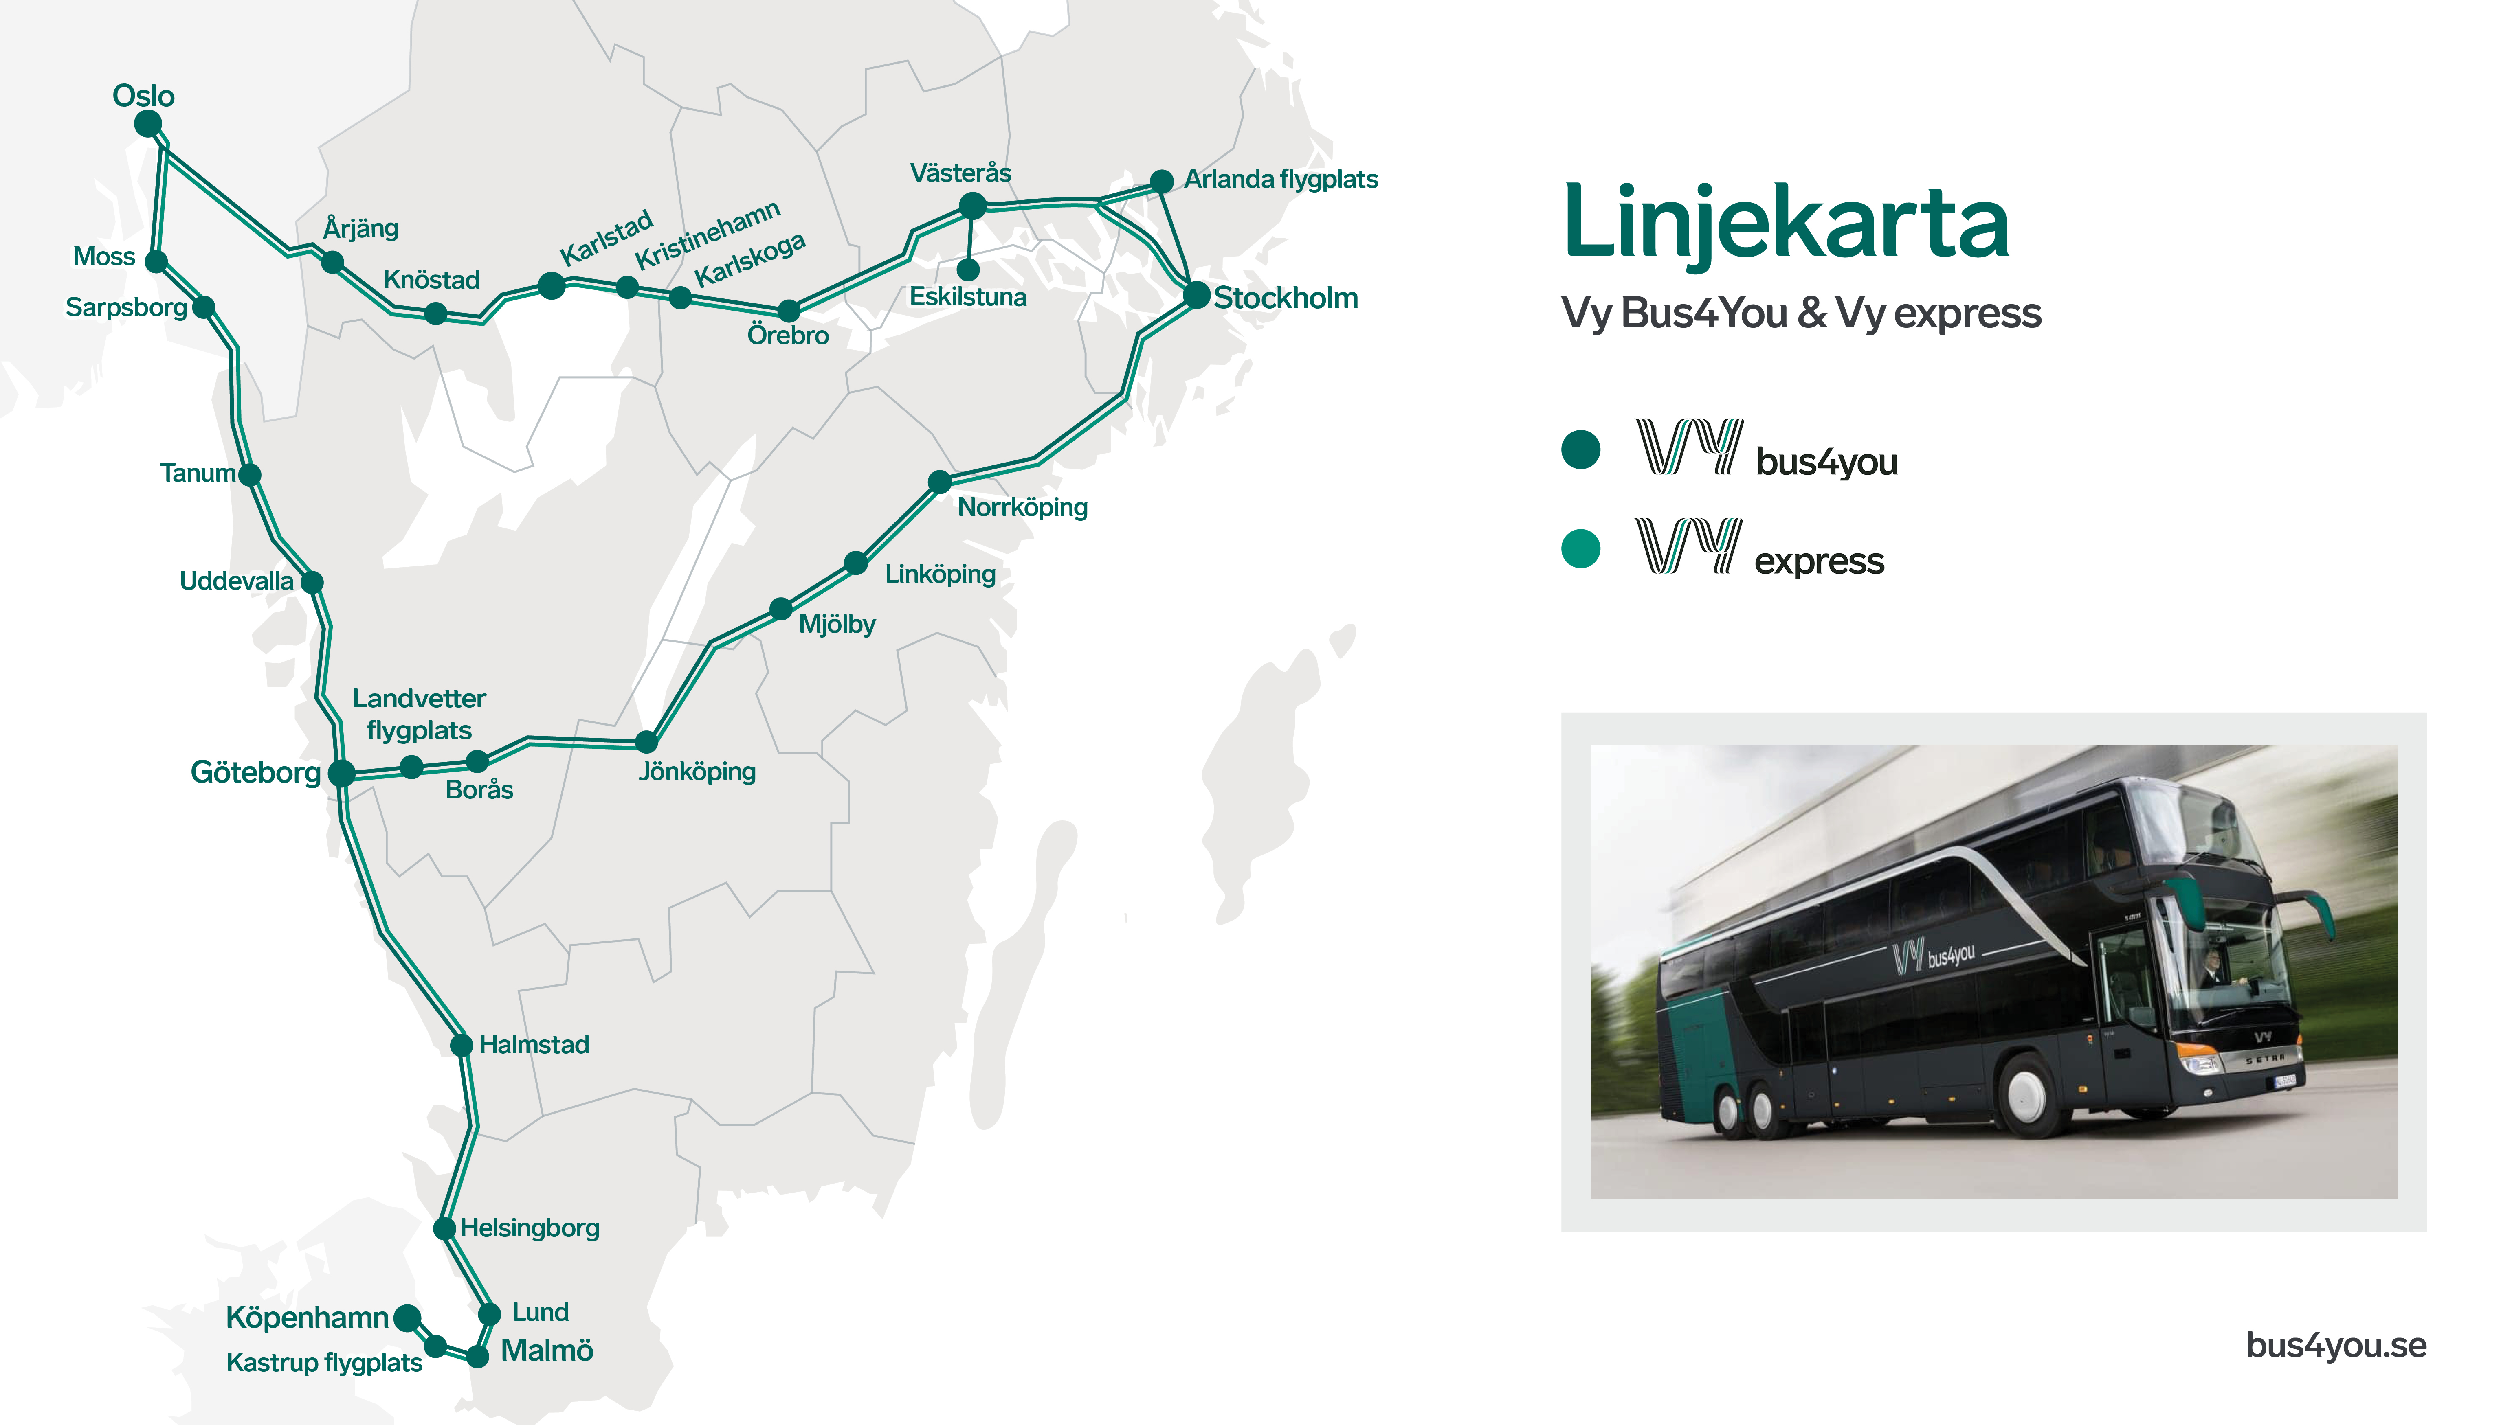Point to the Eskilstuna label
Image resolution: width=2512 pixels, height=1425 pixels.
(967, 296)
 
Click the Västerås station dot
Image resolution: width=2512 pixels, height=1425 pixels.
(972, 206)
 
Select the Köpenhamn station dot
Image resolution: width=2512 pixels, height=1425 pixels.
(407, 1318)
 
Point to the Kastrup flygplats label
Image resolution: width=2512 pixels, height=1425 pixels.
(324, 1362)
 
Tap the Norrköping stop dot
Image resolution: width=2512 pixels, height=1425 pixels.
(939, 482)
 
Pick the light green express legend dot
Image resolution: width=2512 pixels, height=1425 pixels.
(1580, 549)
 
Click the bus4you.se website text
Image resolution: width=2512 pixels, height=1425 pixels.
(2336, 1346)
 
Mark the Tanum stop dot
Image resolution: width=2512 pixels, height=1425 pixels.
(250, 475)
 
